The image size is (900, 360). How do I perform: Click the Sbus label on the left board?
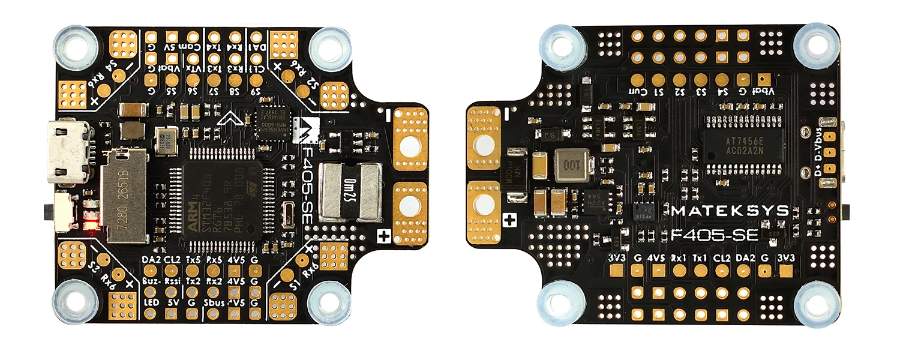click(214, 302)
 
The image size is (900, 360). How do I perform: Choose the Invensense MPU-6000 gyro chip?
click(272, 123)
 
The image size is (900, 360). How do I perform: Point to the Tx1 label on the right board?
click(700, 259)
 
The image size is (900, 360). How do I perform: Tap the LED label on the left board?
click(151, 302)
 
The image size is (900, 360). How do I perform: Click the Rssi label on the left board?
click(172, 281)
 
